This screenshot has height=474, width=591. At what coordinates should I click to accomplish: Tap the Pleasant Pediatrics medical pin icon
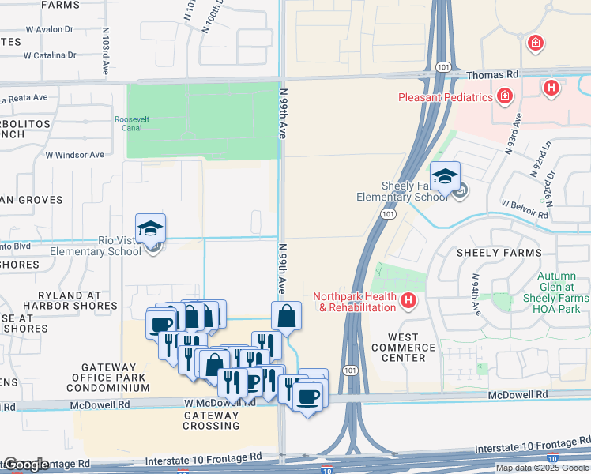pyautogui.click(x=504, y=96)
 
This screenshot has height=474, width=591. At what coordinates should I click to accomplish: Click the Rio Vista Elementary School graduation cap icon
pyautogui.click(x=150, y=228)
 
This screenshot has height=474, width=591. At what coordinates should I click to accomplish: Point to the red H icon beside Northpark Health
pyautogui.click(x=408, y=300)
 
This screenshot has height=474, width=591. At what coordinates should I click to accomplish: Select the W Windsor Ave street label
pyautogui.click(x=75, y=155)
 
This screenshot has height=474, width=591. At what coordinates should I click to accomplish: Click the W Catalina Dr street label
pyautogui.click(x=50, y=56)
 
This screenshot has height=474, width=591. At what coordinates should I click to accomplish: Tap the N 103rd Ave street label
pyautogui.click(x=104, y=51)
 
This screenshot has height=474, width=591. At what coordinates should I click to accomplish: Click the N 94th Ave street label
pyautogui.click(x=476, y=294)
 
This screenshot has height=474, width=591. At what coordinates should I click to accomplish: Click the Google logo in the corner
pyautogui.click(x=27, y=465)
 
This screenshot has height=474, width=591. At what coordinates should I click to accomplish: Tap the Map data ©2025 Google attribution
pyautogui.click(x=542, y=468)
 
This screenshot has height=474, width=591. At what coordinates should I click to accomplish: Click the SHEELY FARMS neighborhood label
pyautogui.click(x=498, y=253)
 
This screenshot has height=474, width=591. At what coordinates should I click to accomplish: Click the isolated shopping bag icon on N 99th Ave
pyautogui.click(x=286, y=316)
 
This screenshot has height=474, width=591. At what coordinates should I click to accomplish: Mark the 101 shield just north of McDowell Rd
pyautogui.click(x=351, y=370)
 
